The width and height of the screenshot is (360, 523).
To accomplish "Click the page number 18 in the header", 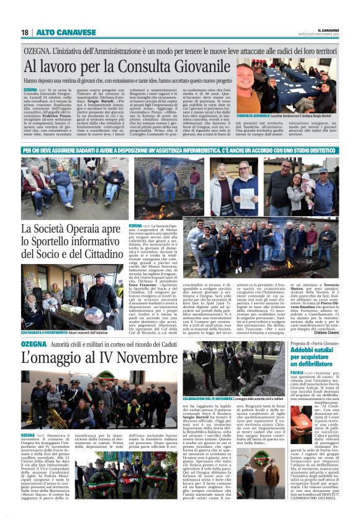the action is (25, 32).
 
